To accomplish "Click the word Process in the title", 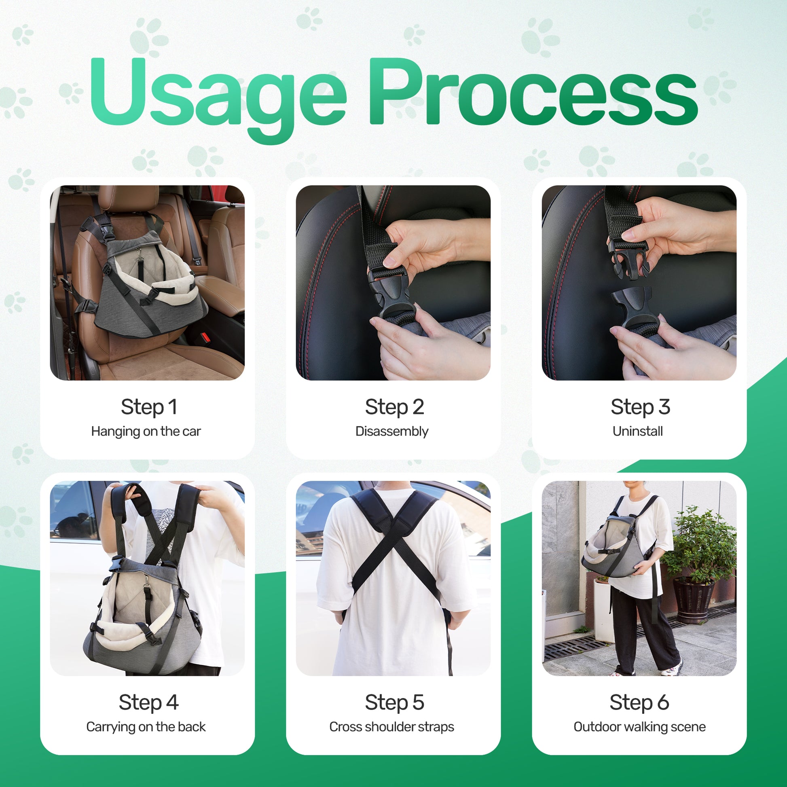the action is click(x=533, y=92).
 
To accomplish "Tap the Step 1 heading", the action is click(x=149, y=407).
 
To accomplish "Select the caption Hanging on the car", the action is click(x=146, y=432).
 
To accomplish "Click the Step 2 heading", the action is click(x=394, y=407).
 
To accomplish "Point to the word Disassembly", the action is click(x=392, y=432).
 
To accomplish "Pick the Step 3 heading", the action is click(x=640, y=407).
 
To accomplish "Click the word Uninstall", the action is click(x=637, y=431).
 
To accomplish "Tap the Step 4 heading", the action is click(x=149, y=702).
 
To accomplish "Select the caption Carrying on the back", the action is click(x=146, y=727).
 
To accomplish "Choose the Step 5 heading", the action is click(x=394, y=702).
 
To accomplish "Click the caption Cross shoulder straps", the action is click(x=391, y=727).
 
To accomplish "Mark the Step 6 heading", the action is click(x=639, y=702).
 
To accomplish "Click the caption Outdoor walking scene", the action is click(x=639, y=727).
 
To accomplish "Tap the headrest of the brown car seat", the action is click(x=129, y=199).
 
